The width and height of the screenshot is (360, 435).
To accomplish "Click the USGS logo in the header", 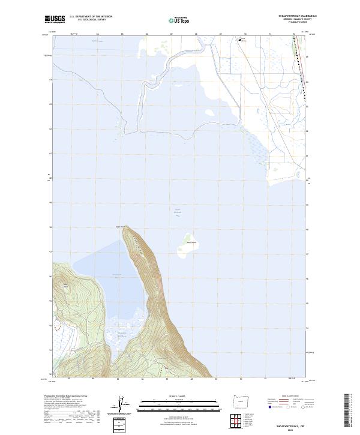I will (54, 19).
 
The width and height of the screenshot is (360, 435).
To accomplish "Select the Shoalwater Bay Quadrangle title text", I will (295, 16).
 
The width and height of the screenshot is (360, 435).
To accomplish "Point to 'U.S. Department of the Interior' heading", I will (91, 16).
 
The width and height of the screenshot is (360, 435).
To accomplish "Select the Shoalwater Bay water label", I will (117, 275).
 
